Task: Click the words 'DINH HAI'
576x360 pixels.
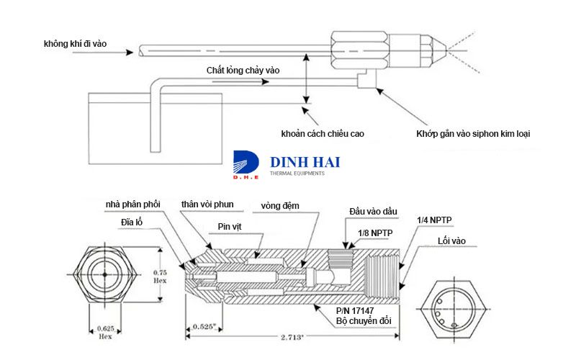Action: [304, 161]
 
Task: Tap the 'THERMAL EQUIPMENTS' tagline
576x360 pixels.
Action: [297, 174]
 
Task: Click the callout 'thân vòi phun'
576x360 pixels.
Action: [207, 206]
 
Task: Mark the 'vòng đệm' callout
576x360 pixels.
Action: [281, 206]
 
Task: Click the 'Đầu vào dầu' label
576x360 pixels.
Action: [374, 210]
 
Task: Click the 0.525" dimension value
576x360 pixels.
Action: [204, 327]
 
